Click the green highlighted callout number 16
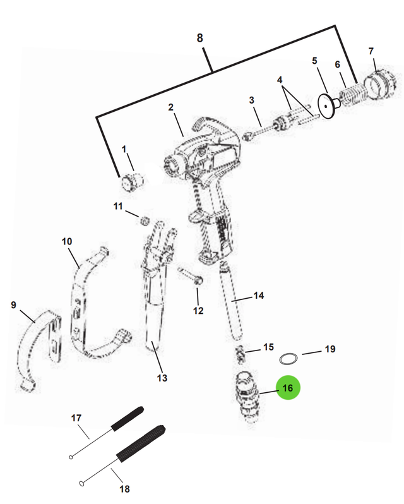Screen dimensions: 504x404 [288, 388]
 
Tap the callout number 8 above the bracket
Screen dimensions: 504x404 [200, 38]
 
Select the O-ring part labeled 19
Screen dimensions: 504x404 [288, 359]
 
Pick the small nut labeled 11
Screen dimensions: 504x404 [144, 220]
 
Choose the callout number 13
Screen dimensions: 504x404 [162, 378]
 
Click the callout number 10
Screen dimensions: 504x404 [67, 241]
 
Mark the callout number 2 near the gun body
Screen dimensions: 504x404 [170, 107]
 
